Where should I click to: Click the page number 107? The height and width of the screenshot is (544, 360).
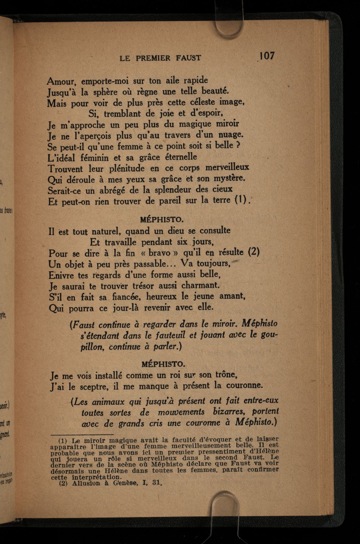click(x=267, y=56)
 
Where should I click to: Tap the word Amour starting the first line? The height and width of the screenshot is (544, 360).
click(x=61, y=81)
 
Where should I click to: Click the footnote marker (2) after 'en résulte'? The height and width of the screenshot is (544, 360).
click(x=254, y=252)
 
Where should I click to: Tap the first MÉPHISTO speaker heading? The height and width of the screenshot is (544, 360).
click(x=162, y=219)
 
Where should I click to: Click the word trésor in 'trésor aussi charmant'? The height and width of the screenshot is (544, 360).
click(x=149, y=285)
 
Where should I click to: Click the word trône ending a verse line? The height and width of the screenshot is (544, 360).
click(x=226, y=375)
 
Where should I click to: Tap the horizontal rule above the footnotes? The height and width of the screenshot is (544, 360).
click(x=82, y=434)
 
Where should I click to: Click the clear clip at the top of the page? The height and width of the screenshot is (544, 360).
click(x=229, y=26)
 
